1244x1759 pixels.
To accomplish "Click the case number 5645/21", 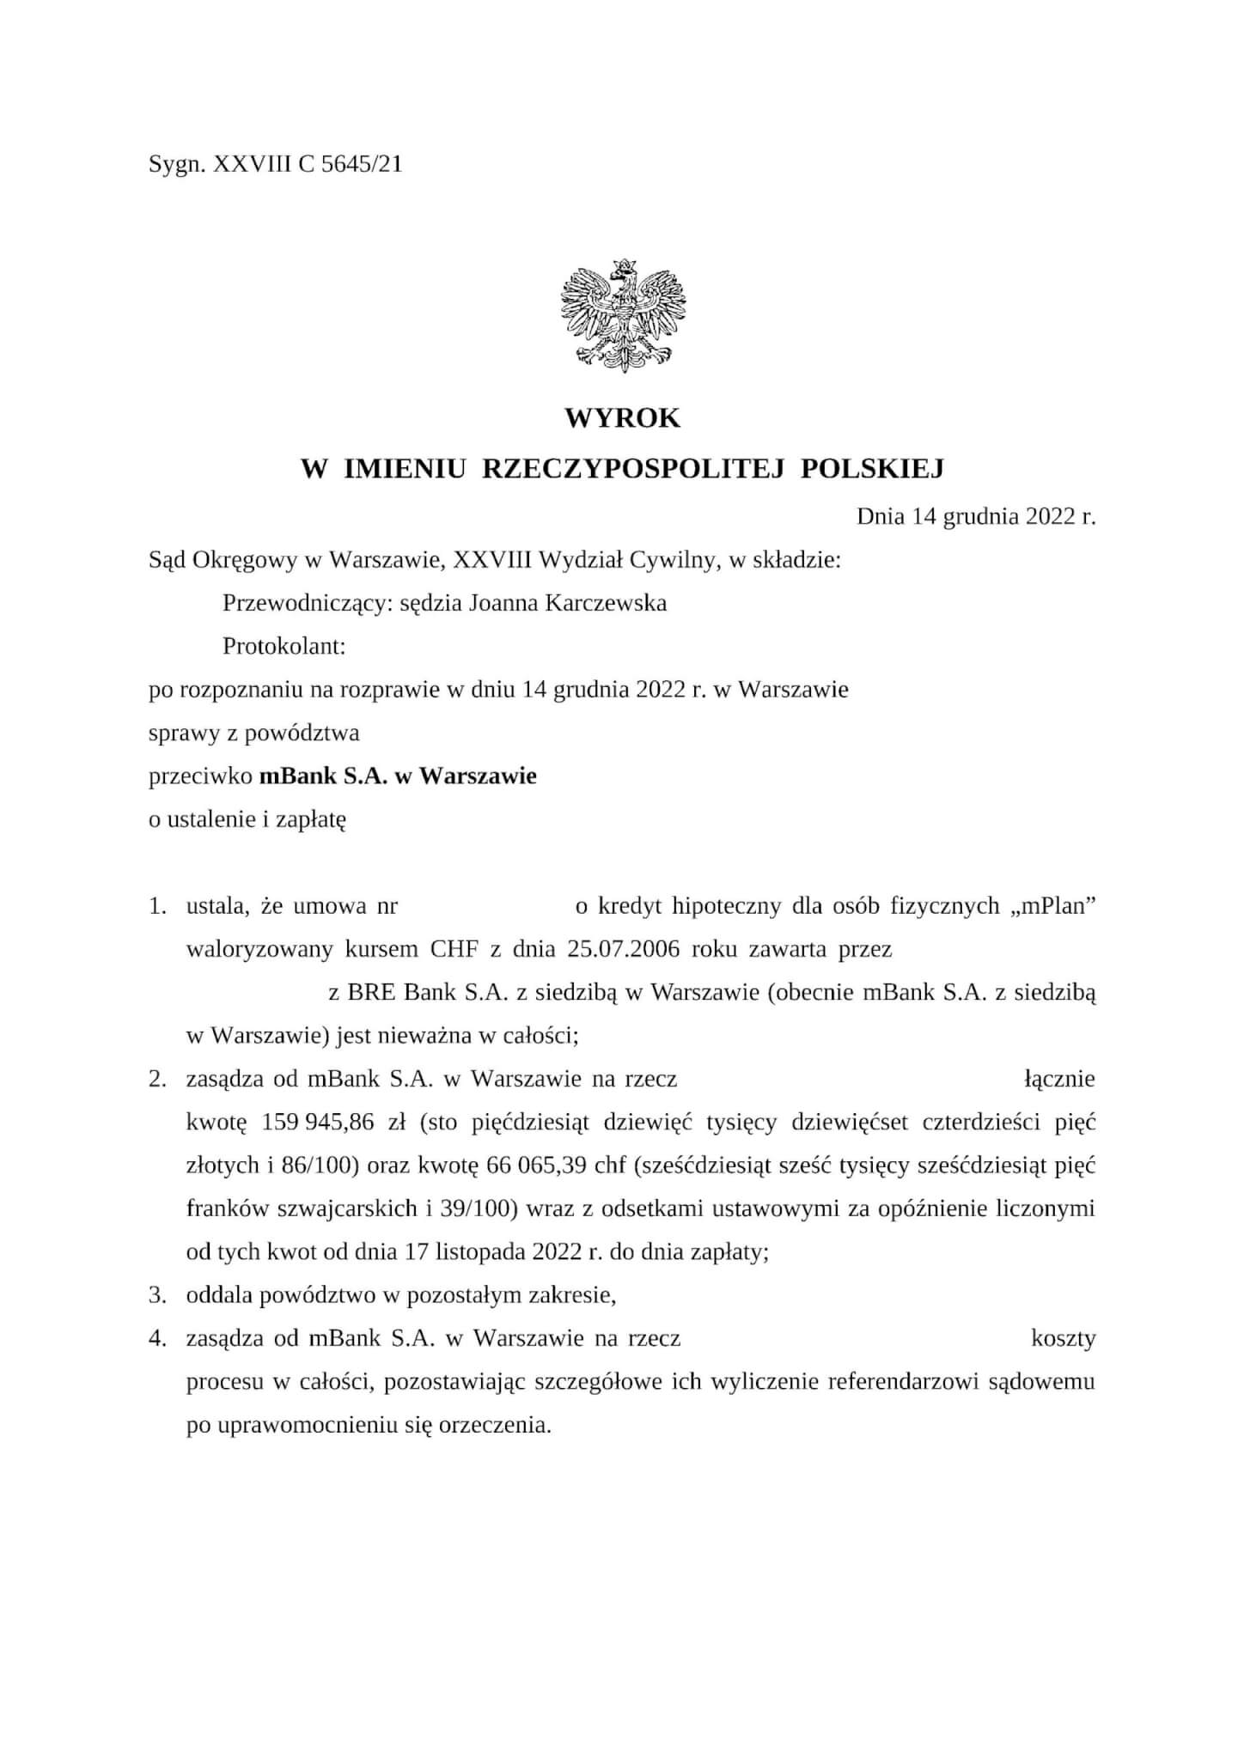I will pos(361,164).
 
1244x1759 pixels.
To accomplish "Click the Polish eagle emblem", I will pos(622,315).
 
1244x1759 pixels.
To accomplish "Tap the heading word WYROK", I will pos(622,418).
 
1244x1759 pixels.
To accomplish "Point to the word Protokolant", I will pos(283,646).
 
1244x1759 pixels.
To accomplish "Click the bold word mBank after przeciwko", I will pos(295,776).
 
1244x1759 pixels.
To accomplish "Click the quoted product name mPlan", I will pos(1056,906).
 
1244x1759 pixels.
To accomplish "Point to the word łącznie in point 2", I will pos(1059,1079).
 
